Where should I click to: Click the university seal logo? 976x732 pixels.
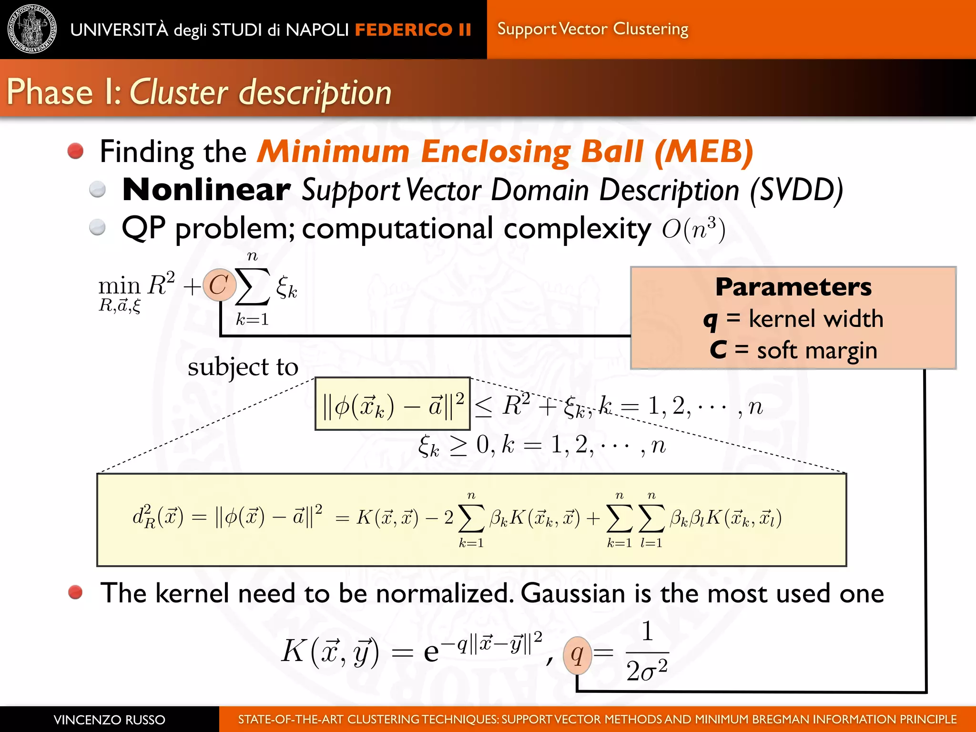pos(32,29)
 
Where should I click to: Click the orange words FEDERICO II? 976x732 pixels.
pos(413,30)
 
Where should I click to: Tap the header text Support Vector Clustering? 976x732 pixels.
pos(592,29)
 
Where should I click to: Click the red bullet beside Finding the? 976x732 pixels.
pos(75,151)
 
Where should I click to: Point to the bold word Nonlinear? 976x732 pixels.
pos(206,190)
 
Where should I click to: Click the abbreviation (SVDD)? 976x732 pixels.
pos(796,190)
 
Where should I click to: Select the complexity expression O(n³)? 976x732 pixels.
pos(693,229)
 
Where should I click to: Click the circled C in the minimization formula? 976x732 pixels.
pos(219,285)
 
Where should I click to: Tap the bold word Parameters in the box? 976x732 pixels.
pos(793,287)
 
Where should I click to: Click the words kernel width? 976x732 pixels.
pos(815,318)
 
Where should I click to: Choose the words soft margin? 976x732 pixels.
pos(817,350)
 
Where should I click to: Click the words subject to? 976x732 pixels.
pos(243,367)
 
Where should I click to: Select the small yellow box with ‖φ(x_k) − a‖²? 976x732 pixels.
pos(392,404)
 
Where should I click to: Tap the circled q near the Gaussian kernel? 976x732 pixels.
pos(577,655)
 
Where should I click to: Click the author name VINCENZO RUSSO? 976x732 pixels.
pos(109,720)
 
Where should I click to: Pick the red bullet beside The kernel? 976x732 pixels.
pos(75,592)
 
